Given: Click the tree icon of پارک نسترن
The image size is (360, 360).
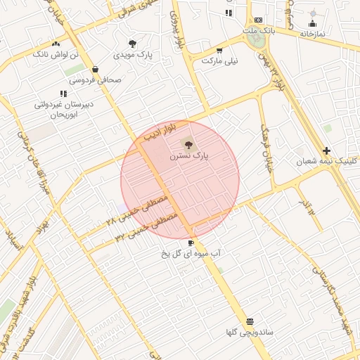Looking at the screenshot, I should click(188, 144).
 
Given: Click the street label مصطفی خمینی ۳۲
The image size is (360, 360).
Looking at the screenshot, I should click(145, 228).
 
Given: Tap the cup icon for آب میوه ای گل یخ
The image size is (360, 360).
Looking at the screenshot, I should click(191, 243).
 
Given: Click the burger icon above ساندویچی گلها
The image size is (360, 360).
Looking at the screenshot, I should click(250, 321).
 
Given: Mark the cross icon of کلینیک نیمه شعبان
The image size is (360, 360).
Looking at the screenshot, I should click(326, 150).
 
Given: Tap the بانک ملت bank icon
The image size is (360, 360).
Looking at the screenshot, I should click(259, 20).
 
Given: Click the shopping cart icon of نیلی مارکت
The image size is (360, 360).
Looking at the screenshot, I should click(219, 50).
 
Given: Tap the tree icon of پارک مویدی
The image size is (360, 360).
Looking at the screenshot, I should click(132, 44).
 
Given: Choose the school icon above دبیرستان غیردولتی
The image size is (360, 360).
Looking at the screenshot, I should click(63, 93).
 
